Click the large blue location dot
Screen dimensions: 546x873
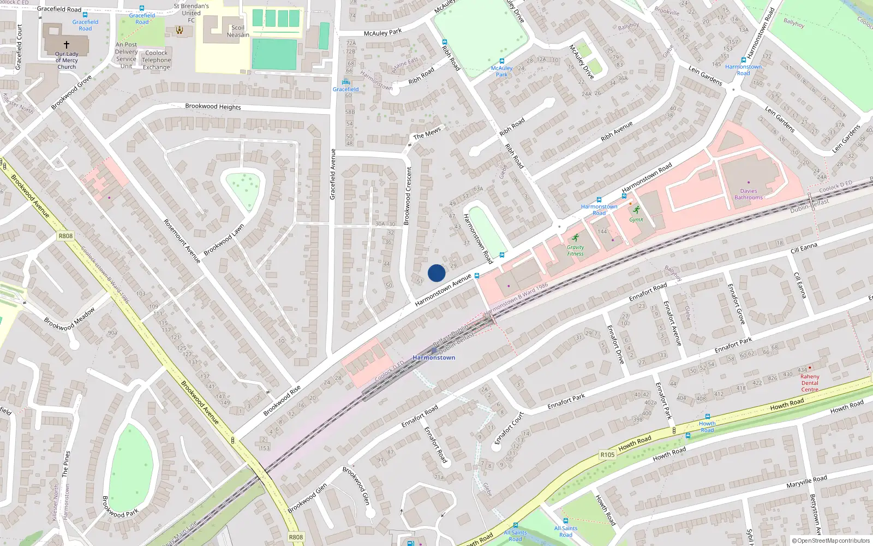pos(436,273)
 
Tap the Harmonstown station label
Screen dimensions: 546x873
pos(434,358)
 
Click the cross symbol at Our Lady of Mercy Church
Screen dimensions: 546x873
pos(67,45)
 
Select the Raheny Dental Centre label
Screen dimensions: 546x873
pos(810,383)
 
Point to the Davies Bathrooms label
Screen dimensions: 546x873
pos(749,194)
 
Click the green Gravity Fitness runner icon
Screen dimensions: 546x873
pos(575,238)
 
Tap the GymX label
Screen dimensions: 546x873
pos(636,219)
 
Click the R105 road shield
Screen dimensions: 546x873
pos(607,454)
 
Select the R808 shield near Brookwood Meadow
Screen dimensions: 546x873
pos(65,236)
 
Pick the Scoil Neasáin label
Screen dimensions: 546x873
pos(238,31)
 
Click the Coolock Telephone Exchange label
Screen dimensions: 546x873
pos(157,60)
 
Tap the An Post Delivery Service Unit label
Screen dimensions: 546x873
pos(127,55)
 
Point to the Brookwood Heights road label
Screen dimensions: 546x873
pos(213,106)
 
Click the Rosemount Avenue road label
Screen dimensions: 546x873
pos(182,241)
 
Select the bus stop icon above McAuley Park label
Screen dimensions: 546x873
pos(501,61)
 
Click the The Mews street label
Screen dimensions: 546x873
pos(427,133)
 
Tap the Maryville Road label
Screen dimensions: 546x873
pos(806,482)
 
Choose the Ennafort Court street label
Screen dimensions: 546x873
pos(509,429)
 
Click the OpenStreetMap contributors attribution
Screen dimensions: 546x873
pos(830,541)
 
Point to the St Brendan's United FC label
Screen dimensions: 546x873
pos(191,13)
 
